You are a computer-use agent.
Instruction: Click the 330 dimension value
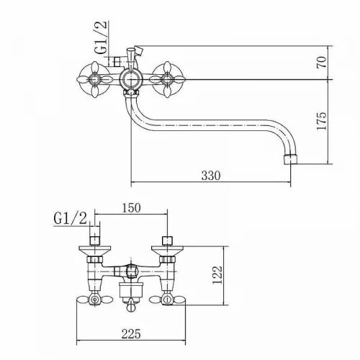click(x=210, y=176)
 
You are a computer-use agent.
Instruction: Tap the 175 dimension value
click(x=322, y=121)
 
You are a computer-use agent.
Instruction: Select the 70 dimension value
click(x=322, y=62)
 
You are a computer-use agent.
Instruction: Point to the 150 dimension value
click(x=131, y=208)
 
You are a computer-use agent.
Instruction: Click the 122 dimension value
click(x=218, y=274)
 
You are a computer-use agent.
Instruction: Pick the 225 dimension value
click(x=131, y=333)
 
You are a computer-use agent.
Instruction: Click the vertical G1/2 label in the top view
click(x=100, y=37)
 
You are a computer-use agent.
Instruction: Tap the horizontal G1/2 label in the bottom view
click(x=70, y=219)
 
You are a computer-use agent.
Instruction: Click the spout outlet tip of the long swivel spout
click(x=290, y=160)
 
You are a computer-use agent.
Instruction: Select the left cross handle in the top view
click(x=94, y=79)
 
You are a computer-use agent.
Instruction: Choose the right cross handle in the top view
click(x=166, y=79)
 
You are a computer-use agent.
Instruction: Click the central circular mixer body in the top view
click(x=130, y=79)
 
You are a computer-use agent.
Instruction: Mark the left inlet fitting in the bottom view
click(x=94, y=240)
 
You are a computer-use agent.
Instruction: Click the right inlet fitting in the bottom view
click(x=167, y=240)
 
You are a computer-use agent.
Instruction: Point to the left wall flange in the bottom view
click(x=95, y=251)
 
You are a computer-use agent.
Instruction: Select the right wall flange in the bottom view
click(x=167, y=251)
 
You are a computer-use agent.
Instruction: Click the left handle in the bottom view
click(x=95, y=300)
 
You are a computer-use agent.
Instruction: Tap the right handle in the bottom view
click(x=167, y=300)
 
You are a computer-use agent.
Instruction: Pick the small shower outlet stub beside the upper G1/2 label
click(x=117, y=61)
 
